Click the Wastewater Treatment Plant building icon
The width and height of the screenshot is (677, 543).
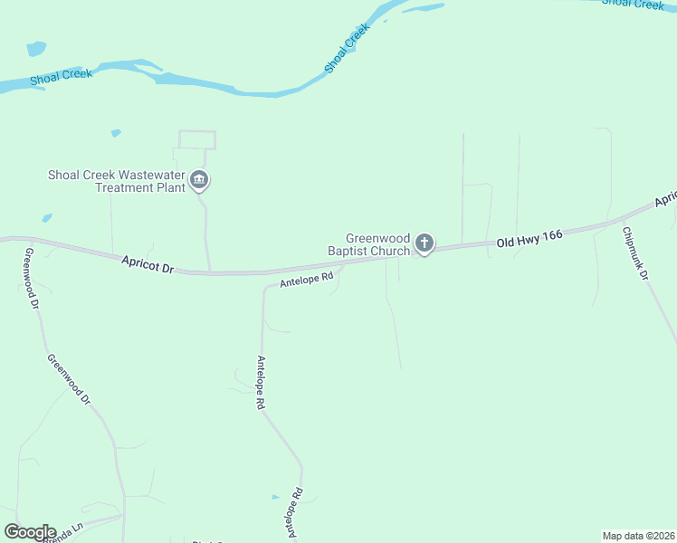tap(200, 182)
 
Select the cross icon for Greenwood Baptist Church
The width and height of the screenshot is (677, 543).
tap(424, 243)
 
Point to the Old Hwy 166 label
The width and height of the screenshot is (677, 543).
tap(529, 238)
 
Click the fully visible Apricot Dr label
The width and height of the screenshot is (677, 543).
tap(147, 263)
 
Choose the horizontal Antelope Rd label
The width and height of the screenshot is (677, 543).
tap(306, 280)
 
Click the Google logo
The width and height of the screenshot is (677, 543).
tap(30, 531)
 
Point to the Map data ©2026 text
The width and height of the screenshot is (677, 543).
tap(638, 536)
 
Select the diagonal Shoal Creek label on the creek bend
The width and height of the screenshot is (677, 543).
tap(348, 49)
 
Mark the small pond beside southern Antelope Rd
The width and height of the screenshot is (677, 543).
tap(275, 497)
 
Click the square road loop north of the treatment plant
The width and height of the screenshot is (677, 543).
tap(197, 139)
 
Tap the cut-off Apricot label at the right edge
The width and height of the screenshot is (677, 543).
tap(667, 196)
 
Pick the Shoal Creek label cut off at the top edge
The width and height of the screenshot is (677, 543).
tap(634, 5)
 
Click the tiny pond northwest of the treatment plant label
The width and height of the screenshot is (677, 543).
tap(116, 133)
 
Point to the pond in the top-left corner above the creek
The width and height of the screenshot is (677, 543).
tap(35, 49)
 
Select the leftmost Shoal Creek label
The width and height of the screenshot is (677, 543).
tap(62, 78)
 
